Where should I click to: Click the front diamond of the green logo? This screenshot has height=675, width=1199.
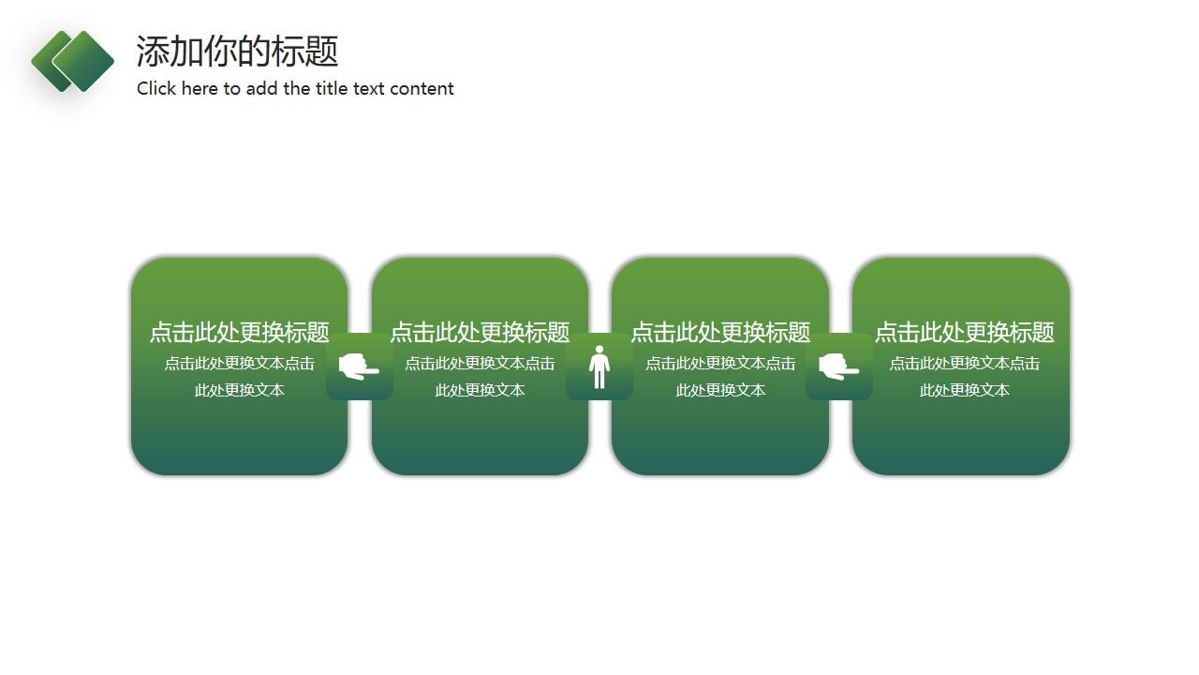point(83,61)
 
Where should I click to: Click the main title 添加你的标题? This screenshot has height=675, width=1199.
point(237,52)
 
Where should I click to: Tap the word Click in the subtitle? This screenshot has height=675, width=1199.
point(155,89)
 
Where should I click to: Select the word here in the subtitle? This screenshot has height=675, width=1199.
point(198,89)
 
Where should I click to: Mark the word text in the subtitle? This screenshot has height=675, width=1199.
point(369,89)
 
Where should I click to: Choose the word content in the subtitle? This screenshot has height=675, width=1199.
point(422,89)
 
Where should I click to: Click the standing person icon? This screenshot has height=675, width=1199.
point(599,367)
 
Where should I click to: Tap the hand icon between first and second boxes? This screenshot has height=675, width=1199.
point(359,367)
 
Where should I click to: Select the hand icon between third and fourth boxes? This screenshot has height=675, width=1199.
point(838,367)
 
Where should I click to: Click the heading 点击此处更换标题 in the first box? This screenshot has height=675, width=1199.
point(240,333)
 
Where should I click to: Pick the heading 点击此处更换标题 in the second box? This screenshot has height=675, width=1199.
point(480,333)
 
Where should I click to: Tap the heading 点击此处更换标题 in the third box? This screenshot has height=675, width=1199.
point(720,333)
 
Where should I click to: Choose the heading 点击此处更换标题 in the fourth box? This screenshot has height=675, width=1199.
point(964,333)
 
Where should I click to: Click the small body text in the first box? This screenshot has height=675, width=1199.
point(240,377)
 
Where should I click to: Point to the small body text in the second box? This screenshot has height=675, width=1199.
point(480,377)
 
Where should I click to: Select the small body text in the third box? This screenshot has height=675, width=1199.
point(720,377)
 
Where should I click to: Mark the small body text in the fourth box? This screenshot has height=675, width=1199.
point(964,377)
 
